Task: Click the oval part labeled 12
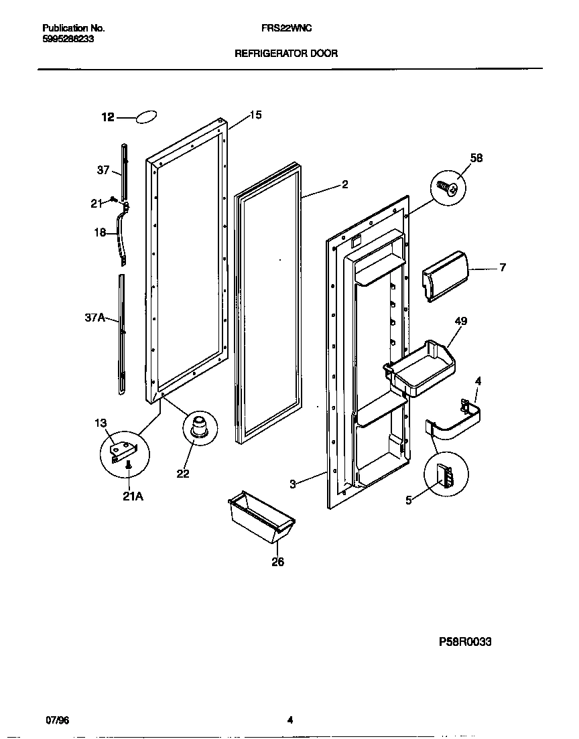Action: coord(147,117)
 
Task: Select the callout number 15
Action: coord(255,115)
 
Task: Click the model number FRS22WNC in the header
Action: coord(285,29)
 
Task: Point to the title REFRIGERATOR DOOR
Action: coord(285,52)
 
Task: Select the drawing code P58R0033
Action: coord(465,641)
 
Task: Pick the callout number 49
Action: coord(460,321)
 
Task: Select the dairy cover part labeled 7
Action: coord(444,276)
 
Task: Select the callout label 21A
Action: coord(133,496)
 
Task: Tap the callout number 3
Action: coord(293,484)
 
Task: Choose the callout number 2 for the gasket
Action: coord(344,185)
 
